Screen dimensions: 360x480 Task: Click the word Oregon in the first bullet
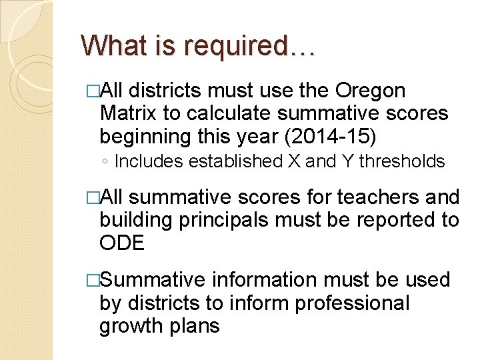tap(370, 91)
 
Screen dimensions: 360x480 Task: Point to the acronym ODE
tap(122, 243)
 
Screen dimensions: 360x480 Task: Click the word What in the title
tap(109, 45)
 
